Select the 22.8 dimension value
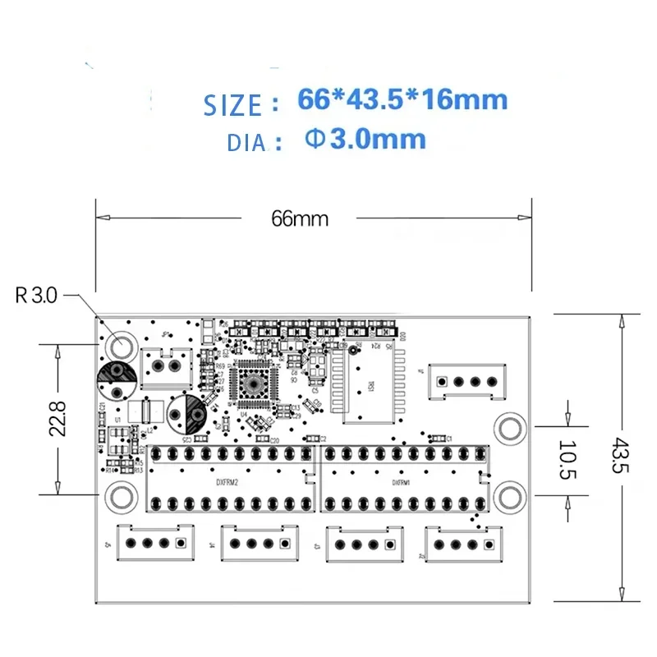tap(69, 420)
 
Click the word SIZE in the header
tap(232, 105)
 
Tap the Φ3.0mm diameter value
tap(365, 139)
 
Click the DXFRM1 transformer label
tap(400, 484)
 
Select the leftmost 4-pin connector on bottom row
tap(156, 543)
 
